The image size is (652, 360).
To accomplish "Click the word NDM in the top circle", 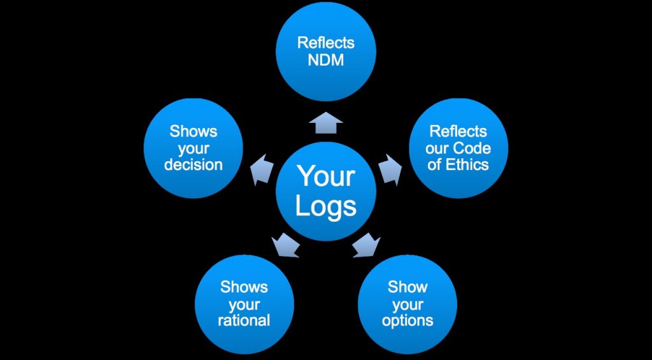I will (x=326, y=60).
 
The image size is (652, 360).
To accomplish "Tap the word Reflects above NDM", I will (x=326, y=44).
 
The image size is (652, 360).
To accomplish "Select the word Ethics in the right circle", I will (x=467, y=164).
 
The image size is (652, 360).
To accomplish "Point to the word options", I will (x=407, y=320).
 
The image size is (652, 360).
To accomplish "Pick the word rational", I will (x=244, y=320).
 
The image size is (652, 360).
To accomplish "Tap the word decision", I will (x=194, y=164).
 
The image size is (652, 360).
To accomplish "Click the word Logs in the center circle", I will (x=326, y=206).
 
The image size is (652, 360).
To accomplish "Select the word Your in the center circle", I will (x=326, y=176).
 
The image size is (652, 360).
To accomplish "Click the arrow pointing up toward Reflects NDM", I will (x=327, y=124).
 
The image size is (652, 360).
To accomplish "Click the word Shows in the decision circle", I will (x=194, y=131).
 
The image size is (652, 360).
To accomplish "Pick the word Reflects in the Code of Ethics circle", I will (x=458, y=131).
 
